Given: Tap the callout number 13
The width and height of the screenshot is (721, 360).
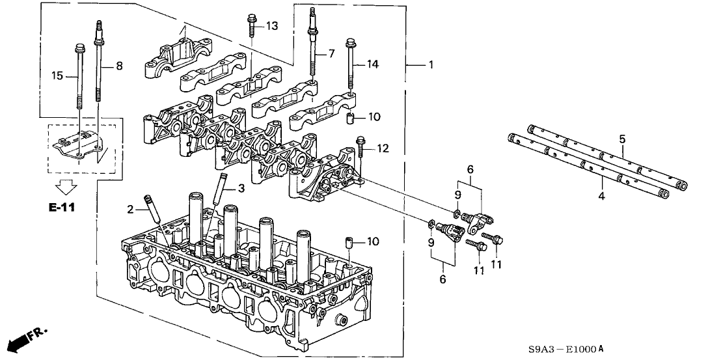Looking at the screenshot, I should (x=272, y=25).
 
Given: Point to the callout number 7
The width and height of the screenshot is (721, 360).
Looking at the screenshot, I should (x=331, y=53).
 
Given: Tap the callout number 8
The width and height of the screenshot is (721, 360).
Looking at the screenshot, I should (x=118, y=65).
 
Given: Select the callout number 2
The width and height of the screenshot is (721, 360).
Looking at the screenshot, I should (x=130, y=209).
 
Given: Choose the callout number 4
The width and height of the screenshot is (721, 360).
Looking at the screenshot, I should (x=602, y=196).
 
